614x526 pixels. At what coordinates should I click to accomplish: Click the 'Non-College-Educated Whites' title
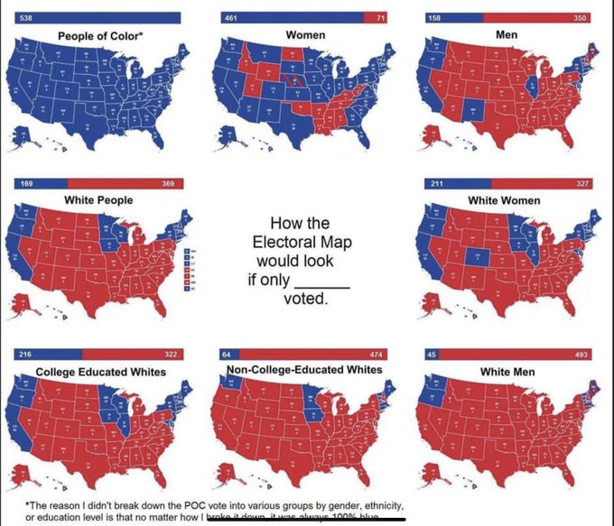[x=304, y=370]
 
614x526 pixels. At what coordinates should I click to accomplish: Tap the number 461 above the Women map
[x=231, y=18]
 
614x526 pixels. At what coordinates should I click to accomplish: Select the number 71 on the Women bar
[x=379, y=18]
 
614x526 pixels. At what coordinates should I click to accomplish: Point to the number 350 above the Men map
[x=580, y=18]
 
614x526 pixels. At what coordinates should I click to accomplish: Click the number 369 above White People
[x=167, y=184]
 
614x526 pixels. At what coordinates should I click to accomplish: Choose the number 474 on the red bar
[x=378, y=355]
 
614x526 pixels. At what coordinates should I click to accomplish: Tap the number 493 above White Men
[x=581, y=355]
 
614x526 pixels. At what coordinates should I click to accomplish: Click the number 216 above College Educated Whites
[x=25, y=355]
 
